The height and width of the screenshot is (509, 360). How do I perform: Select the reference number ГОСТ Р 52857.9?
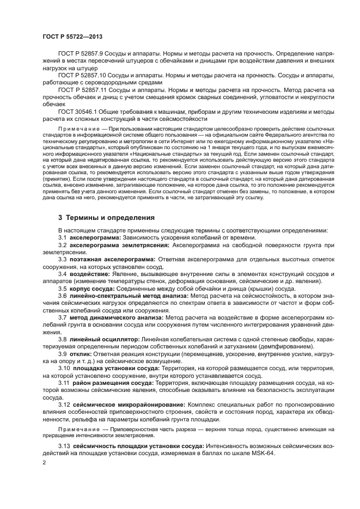click(x=82, y=54)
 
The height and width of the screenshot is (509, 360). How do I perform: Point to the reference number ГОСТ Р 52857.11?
click(x=84, y=88)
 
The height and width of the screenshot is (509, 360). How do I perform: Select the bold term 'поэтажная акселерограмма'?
click(x=106, y=259)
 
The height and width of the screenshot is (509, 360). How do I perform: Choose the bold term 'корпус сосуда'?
click(x=90, y=288)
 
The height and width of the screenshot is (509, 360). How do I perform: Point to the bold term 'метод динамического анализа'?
click(x=109, y=316)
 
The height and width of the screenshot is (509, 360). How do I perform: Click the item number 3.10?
click(x=64, y=367)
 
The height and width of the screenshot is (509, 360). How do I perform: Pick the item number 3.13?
click(x=64, y=446)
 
